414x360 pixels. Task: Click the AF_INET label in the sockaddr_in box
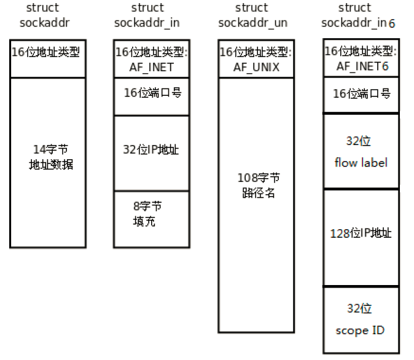[x=151, y=67]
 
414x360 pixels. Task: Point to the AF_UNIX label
[x=256, y=67]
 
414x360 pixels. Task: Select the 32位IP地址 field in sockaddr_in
[x=151, y=149]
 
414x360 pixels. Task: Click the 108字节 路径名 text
[x=258, y=186]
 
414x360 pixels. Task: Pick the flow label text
[x=361, y=163]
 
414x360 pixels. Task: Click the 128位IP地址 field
[x=361, y=233]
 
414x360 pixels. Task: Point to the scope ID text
[x=360, y=330]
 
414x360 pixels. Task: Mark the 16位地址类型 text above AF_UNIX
[x=256, y=52]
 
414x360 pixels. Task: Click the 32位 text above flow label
[x=359, y=141]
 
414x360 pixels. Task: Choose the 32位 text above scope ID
[x=359, y=308]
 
